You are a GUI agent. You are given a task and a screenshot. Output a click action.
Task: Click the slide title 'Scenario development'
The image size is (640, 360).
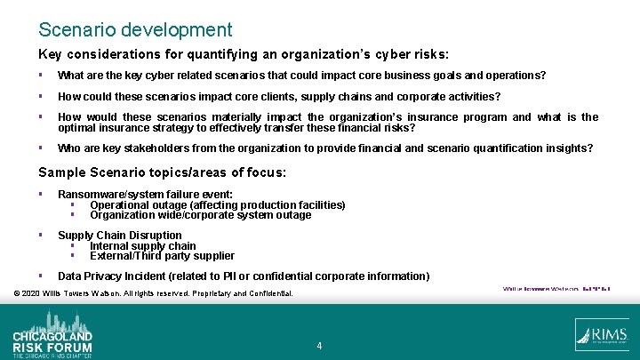tap(135, 30)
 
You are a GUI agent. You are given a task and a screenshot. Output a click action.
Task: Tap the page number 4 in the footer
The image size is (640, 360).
tap(319, 345)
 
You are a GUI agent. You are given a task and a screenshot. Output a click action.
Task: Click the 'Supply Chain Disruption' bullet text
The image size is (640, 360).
tap(119, 236)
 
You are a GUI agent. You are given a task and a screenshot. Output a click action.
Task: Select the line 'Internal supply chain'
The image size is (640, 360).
tap(142, 246)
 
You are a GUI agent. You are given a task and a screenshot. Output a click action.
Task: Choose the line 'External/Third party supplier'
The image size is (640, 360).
tap(162, 256)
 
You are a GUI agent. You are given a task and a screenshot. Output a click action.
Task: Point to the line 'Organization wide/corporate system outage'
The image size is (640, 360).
tap(200, 215)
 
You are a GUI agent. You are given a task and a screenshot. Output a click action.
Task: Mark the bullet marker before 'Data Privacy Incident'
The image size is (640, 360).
tap(42, 276)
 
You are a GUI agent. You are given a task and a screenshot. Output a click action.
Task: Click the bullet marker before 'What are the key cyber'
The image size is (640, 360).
tap(42, 76)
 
